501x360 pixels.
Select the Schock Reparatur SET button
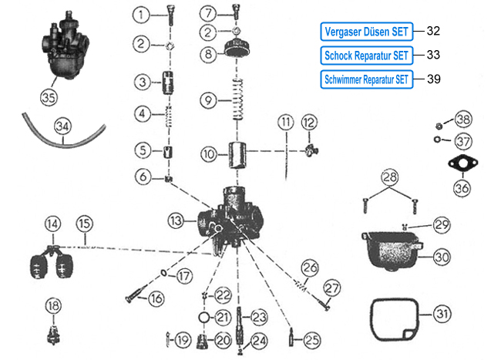(366, 55)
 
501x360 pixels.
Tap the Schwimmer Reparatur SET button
(366, 79)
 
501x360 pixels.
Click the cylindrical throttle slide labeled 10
(238, 154)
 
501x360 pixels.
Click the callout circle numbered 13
(177, 220)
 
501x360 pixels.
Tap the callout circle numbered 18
(52, 306)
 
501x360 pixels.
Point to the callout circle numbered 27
(331, 288)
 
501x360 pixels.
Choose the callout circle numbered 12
(309, 123)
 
